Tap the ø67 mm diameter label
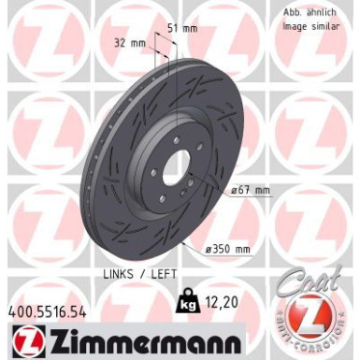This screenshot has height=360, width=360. (x=247, y=191)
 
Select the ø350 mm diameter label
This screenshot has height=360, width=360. (x=229, y=249)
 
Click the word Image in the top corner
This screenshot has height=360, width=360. (x=296, y=26)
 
